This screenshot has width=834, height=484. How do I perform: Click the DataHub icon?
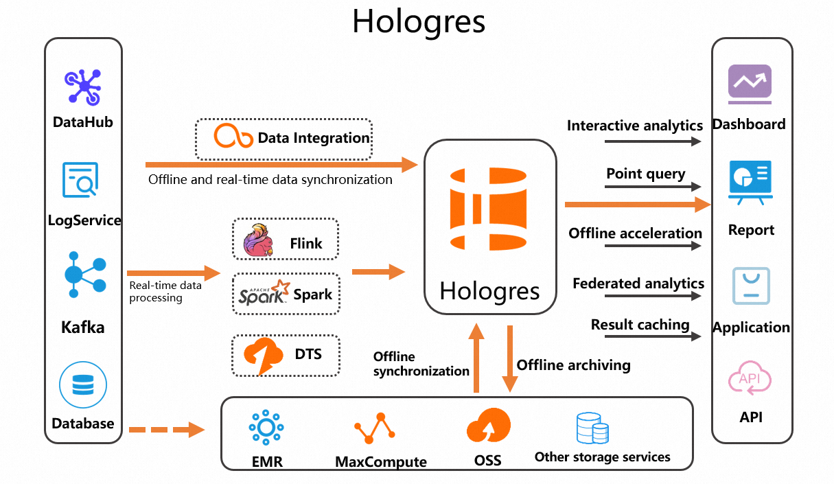coord(83,87)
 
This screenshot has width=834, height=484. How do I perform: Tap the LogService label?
coord(84,220)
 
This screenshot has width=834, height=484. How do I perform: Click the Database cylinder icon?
coord(83,385)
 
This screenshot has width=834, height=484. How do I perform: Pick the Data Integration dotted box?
coord(283,139)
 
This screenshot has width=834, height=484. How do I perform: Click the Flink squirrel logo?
coord(258,240)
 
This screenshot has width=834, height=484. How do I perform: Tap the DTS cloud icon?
coord(264,355)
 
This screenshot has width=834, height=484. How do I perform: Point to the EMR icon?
coord(266,428)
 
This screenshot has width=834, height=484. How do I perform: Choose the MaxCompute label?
coord(381,461)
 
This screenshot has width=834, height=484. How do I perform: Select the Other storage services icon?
coord(592,428)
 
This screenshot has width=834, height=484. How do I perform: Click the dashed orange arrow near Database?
coord(167,430)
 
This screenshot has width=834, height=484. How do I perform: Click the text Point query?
coord(645,174)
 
